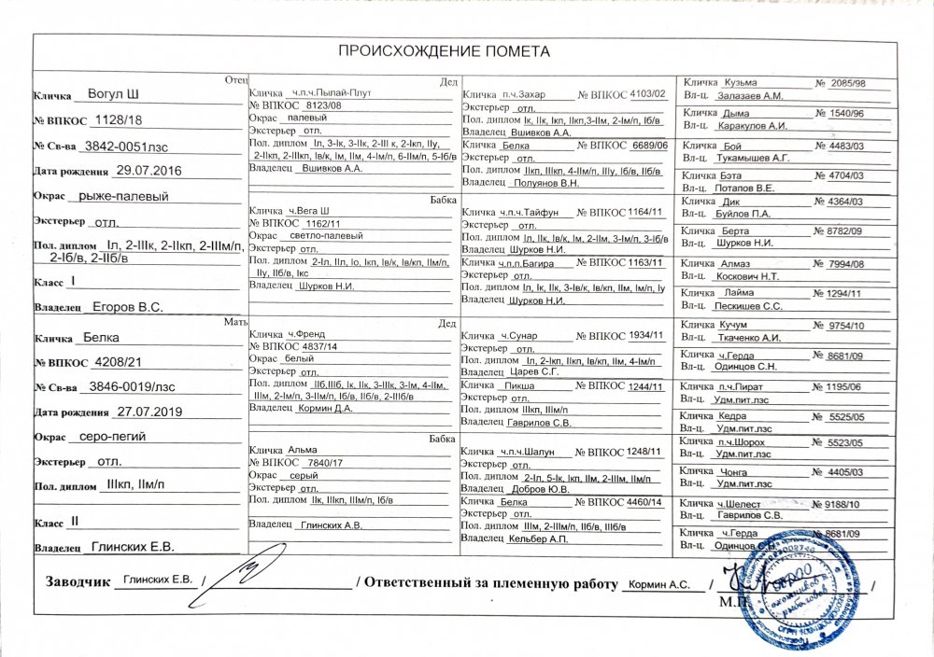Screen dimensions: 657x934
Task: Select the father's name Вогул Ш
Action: [x=113, y=94]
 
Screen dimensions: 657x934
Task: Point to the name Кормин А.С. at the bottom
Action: [x=659, y=584]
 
